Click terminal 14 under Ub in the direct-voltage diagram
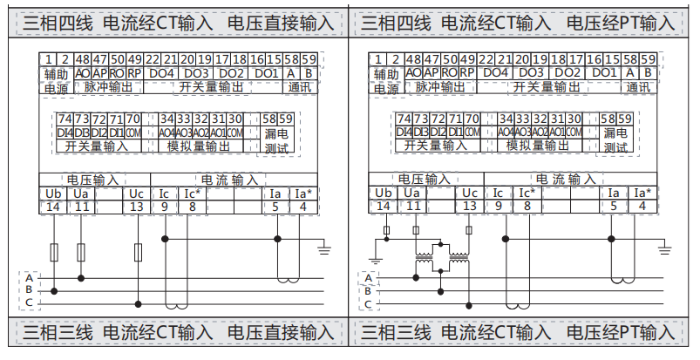[53, 207]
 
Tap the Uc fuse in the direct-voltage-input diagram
[138, 252]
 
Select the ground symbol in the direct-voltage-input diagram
[324, 250]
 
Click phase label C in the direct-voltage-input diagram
[29, 302]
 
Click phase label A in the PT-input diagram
[368, 276]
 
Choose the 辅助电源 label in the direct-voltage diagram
[56, 80]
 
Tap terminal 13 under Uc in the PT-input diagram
[469, 207]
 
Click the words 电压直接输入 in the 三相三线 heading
[281, 332]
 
